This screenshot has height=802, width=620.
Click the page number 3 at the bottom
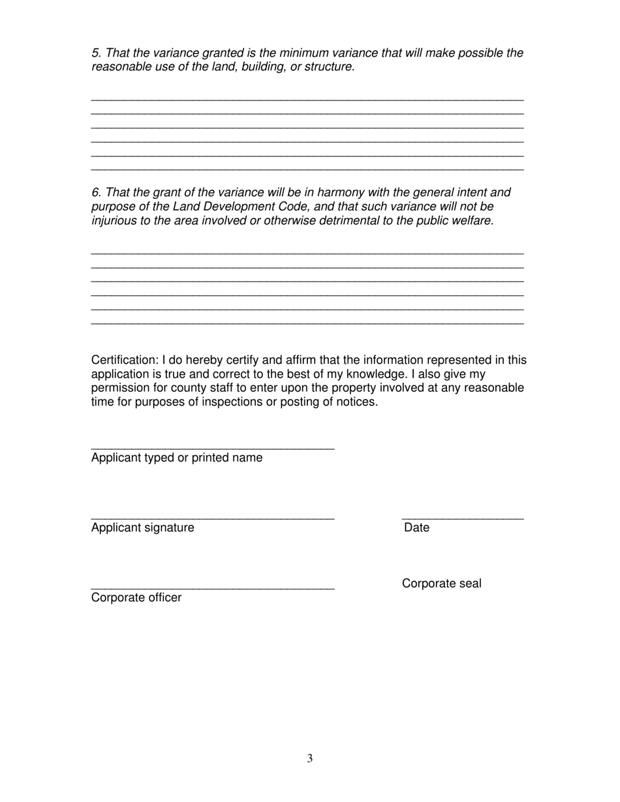pyautogui.click(x=310, y=758)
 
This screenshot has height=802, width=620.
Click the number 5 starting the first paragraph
pyautogui.click(x=95, y=53)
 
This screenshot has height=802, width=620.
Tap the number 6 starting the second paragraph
pyautogui.click(x=95, y=192)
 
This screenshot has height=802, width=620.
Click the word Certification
pyautogui.click(x=124, y=360)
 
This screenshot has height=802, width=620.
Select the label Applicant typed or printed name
pyautogui.click(x=177, y=458)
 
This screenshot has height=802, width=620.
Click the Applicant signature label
pyautogui.click(x=142, y=527)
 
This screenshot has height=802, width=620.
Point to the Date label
pyautogui.click(x=416, y=527)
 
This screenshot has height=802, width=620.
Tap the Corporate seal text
pyautogui.click(x=441, y=584)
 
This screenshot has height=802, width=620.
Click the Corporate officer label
pyautogui.click(x=136, y=597)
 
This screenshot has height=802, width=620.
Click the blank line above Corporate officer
pyautogui.click(x=213, y=589)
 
